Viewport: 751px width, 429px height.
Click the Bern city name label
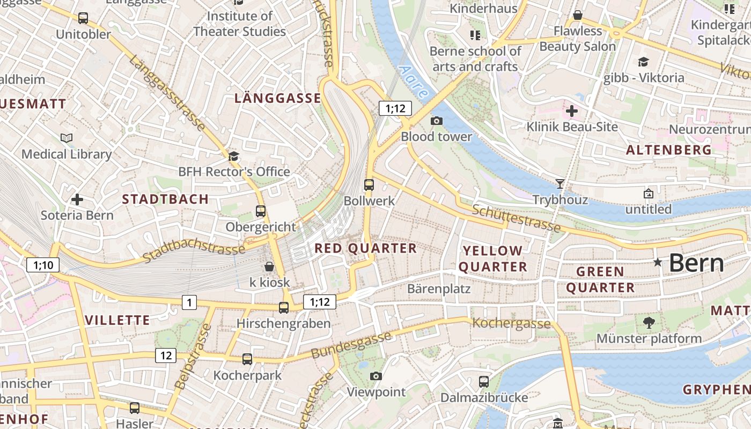pyautogui.click(x=696, y=263)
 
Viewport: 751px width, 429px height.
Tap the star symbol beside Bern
pyautogui.click(x=658, y=262)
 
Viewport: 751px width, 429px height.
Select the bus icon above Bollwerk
pyautogui.click(x=369, y=185)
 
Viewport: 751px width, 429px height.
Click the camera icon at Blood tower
pyautogui.click(x=437, y=121)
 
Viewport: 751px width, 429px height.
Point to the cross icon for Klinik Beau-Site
pyautogui.click(x=572, y=112)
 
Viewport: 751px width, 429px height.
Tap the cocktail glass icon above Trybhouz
pyautogui.click(x=560, y=184)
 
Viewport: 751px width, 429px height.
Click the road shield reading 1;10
pyautogui.click(x=43, y=264)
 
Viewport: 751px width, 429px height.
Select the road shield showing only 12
pyautogui.click(x=166, y=355)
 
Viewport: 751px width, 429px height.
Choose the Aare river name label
pyautogui.click(x=414, y=82)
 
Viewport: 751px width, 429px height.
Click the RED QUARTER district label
pyautogui.click(x=365, y=248)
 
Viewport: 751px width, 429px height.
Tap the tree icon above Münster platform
pyautogui.click(x=649, y=322)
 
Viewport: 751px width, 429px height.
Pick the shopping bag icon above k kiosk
pyautogui.click(x=269, y=267)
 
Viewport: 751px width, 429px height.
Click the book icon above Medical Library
pyautogui.click(x=67, y=138)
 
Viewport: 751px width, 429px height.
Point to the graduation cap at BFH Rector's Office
pyautogui.click(x=233, y=156)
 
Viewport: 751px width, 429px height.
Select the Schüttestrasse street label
pyautogui.click(x=516, y=218)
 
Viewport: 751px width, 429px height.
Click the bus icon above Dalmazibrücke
pyautogui.click(x=484, y=382)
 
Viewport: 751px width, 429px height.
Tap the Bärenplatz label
pyautogui.click(x=439, y=289)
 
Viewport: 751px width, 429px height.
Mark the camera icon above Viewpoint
pyautogui.click(x=376, y=376)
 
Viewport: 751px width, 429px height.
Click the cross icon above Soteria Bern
pyautogui.click(x=77, y=199)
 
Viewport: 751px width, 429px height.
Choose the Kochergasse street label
pyautogui.click(x=511, y=323)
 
